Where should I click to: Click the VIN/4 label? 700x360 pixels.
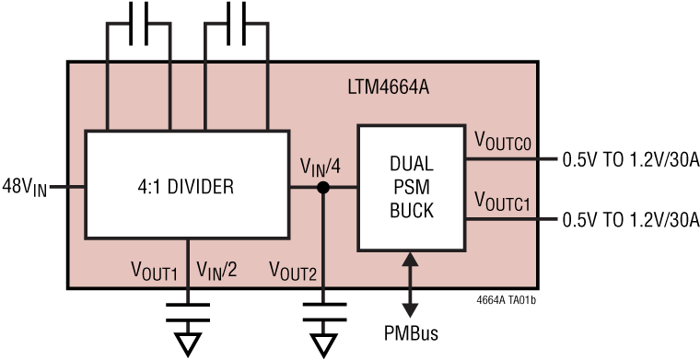pyautogui.click(x=322, y=167)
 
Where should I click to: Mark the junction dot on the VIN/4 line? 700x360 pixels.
pyautogui.click(x=322, y=188)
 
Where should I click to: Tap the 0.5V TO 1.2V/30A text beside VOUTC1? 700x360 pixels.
pyautogui.click(x=631, y=219)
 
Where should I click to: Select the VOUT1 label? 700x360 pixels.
pyautogui.click(x=155, y=271)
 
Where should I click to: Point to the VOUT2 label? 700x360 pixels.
pyautogui.click(x=293, y=271)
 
